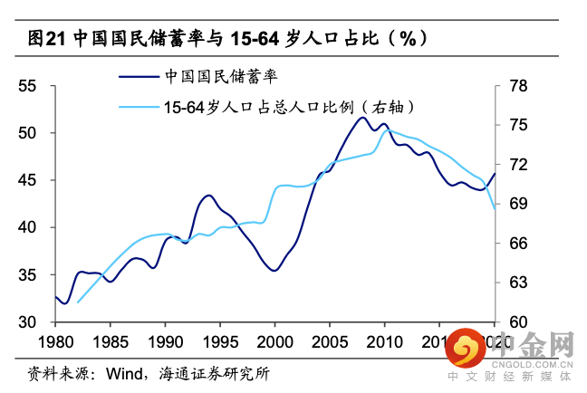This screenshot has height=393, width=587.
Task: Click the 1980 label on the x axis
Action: (x=56, y=342)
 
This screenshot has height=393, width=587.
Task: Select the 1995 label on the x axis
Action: (x=220, y=342)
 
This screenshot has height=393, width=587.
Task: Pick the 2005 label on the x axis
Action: (x=330, y=342)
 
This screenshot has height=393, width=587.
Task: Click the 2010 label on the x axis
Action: (x=384, y=342)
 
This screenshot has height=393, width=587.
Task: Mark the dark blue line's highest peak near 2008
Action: (x=363, y=117)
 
